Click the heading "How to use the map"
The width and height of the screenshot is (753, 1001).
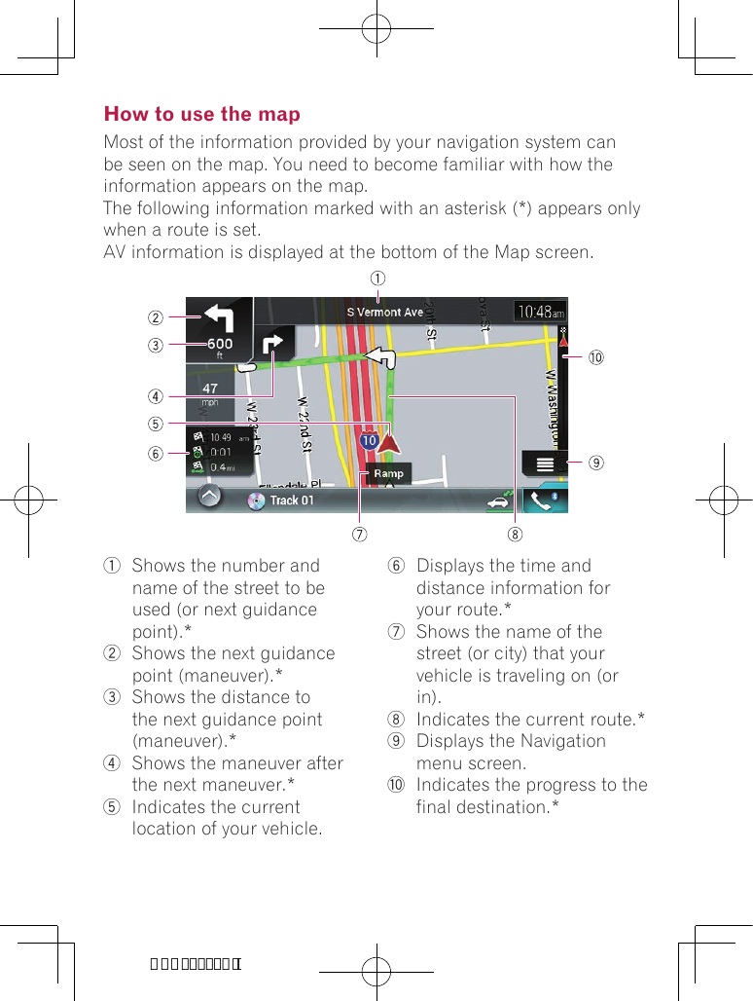[202, 115]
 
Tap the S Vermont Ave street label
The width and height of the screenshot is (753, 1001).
[385, 313]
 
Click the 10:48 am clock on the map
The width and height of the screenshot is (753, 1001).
[539, 313]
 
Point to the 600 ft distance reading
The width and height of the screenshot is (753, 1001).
[219, 345]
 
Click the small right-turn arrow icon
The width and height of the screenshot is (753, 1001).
[273, 344]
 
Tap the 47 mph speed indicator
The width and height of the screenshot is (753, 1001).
[209, 391]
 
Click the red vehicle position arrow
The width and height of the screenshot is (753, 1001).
[390, 446]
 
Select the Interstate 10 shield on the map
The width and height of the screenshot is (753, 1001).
[369, 441]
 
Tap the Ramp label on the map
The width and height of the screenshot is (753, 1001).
[388, 473]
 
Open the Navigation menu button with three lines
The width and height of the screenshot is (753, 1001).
[544, 463]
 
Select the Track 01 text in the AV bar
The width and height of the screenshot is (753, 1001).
[292, 500]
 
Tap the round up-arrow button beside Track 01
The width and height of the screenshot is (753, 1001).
[209, 498]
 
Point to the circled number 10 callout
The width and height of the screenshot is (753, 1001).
[594, 357]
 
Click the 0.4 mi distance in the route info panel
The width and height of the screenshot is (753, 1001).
[221, 466]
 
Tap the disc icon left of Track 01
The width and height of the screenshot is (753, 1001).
[257, 500]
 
